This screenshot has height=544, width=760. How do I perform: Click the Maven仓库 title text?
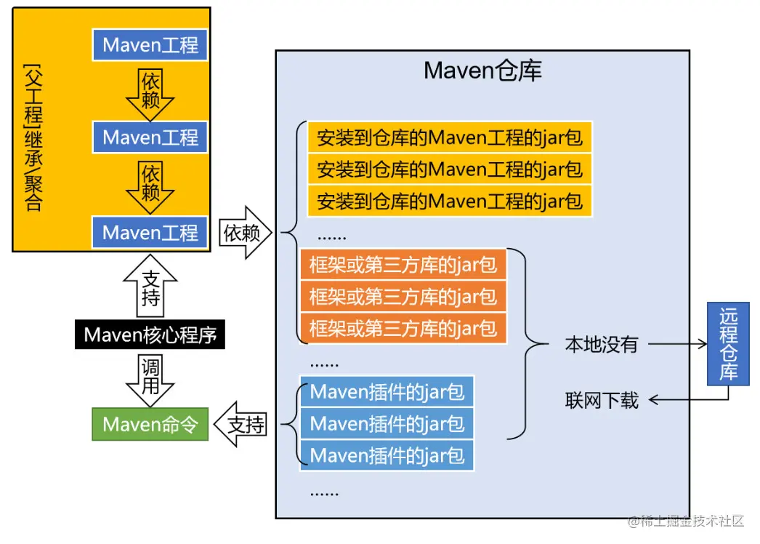point(482,71)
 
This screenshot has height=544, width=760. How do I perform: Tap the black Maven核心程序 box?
point(150,335)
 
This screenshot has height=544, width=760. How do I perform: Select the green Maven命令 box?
point(150,425)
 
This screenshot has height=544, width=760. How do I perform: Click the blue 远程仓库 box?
point(728,344)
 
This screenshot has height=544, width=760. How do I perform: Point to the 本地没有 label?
point(601,345)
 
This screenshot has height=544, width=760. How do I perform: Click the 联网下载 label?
point(602,400)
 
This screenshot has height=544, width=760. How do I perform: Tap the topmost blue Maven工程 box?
point(150,45)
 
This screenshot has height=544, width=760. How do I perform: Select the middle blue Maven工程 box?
point(150,137)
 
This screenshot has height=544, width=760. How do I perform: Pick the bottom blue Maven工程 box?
point(150,233)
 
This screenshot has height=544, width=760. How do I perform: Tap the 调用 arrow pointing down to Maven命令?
point(150,378)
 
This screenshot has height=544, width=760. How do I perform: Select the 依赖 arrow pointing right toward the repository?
point(244,233)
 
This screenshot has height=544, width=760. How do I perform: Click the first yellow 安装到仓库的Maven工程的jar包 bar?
point(450,137)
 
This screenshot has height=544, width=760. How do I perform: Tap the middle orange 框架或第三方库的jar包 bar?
point(403,296)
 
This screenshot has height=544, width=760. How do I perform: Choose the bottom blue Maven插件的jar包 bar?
point(387,455)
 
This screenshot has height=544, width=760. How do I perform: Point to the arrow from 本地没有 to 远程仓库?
point(676,344)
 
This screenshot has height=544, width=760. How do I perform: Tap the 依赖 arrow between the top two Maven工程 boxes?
point(150,92)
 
